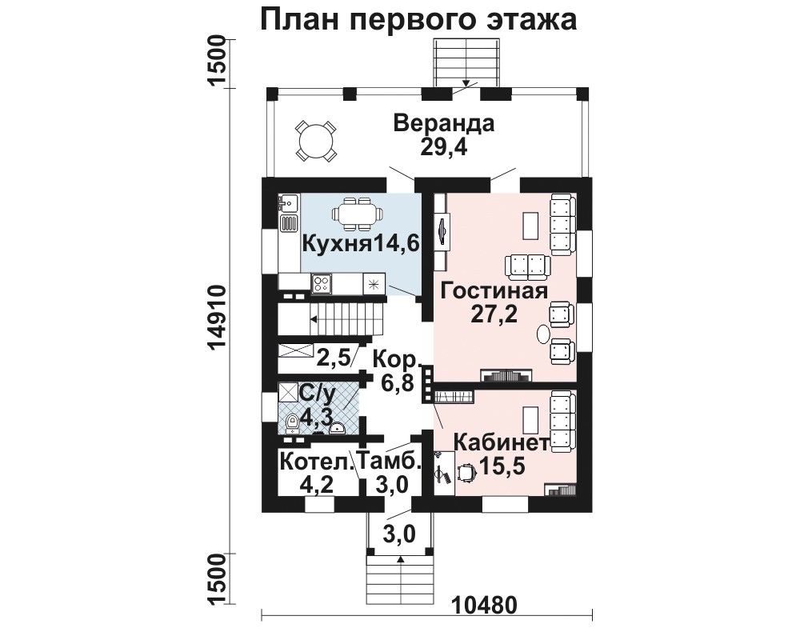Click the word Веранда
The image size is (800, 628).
444,125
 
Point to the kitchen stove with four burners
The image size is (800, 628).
322,284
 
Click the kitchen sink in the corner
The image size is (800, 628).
288,203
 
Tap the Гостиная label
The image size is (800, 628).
494,291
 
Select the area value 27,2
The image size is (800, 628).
494,314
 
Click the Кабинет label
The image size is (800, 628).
502,443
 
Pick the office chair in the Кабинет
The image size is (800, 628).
466,473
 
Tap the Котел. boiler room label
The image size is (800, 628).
317,462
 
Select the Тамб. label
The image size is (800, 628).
390,462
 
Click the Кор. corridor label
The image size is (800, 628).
395,361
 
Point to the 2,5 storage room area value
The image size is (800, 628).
333,358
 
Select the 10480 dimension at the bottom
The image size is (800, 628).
485,605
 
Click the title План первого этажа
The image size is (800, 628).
419,20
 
